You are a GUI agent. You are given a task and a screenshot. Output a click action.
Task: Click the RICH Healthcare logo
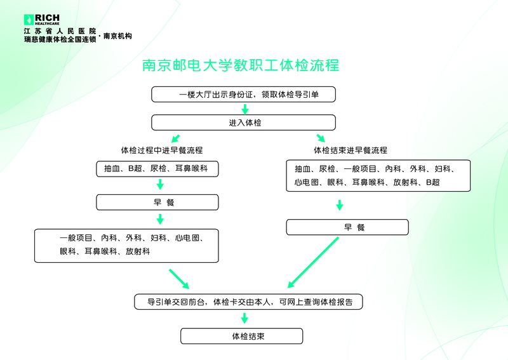click(x=42, y=20)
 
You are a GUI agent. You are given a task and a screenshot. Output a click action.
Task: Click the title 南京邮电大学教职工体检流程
click(x=241, y=65)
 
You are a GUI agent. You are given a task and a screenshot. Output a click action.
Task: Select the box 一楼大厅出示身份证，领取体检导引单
click(x=243, y=95)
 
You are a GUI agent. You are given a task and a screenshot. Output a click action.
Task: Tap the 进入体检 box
click(x=243, y=123)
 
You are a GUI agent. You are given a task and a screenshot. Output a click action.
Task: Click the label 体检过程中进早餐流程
click(x=162, y=150)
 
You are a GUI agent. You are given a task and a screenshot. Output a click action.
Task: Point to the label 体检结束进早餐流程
click(x=351, y=150)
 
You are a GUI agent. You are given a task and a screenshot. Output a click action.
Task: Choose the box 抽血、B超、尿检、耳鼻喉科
click(x=157, y=169)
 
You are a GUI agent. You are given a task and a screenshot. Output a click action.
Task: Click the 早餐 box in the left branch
click(x=157, y=203)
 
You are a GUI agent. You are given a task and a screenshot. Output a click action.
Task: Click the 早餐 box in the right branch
click(x=347, y=227)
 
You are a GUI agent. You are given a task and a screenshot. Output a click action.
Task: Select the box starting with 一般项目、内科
click(x=126, y=246)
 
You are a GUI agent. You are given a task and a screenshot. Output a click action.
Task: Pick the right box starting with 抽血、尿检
click(x=378, y=176)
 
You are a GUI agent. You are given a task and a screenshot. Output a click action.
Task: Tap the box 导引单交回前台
click(x=248, y=302)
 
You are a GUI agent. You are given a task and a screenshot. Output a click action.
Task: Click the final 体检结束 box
click(x=242, y=336)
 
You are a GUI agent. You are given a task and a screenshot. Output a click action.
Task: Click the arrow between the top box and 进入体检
click(x=245, y=109)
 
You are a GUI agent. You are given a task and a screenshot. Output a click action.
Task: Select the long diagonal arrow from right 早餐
click(x=313, y=262)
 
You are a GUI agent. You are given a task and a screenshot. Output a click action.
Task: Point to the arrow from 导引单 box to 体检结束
click(x=244, y=318)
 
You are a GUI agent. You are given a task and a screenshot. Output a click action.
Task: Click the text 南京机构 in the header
click(x=117, y=36)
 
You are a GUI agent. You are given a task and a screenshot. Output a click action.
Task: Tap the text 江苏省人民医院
click(x=60, y=31)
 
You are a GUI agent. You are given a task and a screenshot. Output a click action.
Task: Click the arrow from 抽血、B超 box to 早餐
click(x=160, y=184)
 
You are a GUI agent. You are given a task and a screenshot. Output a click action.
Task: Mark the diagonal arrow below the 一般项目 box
click(x=179, y=279)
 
